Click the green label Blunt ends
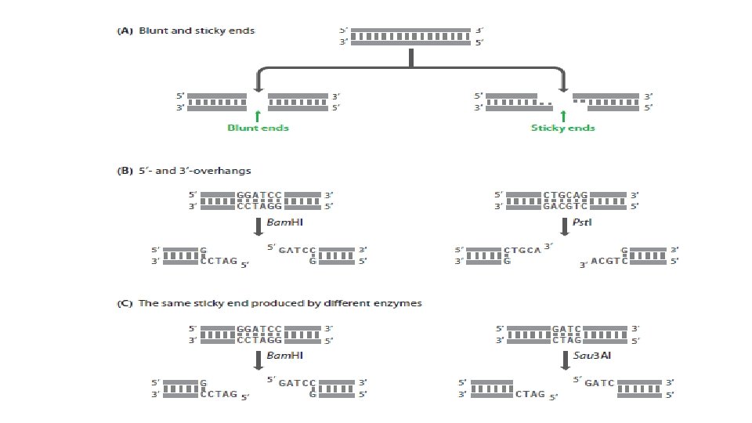coord(258,128)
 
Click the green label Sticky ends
coord(562,128)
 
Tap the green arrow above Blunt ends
coord(258,114)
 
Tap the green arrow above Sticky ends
coord(562,114)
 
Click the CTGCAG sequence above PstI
coord(562,194)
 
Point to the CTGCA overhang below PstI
coord(522,250)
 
